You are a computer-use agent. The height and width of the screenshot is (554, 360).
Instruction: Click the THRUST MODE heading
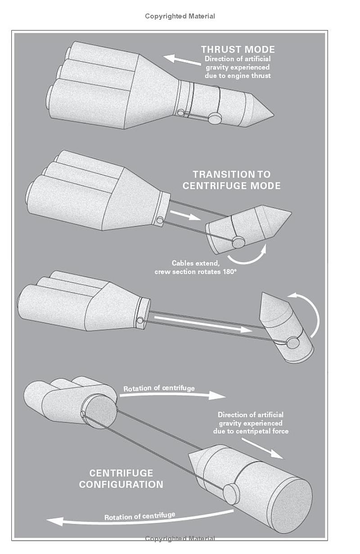tap(238, 50)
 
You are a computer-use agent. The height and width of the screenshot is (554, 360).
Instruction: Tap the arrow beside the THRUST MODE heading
tap(182, 60)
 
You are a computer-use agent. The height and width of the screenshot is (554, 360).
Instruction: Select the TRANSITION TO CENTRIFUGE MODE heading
tap(231, 180)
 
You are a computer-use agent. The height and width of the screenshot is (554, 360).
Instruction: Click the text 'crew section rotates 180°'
tap(195, 272)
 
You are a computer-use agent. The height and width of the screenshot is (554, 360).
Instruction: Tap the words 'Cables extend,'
tap(195, 263)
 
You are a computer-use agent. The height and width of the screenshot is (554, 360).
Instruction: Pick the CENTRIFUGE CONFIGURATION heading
tap(121, 479)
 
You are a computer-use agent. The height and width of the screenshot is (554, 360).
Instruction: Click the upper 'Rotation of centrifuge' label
tap(159, 388)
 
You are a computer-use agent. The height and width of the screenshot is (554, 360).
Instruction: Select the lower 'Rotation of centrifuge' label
tap(139, 516)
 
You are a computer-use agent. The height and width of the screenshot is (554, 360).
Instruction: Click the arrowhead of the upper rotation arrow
tap(217, 395)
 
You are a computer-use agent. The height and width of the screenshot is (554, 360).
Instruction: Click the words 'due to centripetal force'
tap(251, 431)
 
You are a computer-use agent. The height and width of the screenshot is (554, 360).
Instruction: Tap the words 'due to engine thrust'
tap(238, 76)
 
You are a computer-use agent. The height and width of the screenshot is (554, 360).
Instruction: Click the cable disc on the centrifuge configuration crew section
tap(231, 495)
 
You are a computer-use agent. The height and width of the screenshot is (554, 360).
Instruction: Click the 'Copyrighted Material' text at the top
tap(180, 16)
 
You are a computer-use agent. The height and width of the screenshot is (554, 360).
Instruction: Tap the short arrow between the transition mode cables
tap(185, 215)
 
